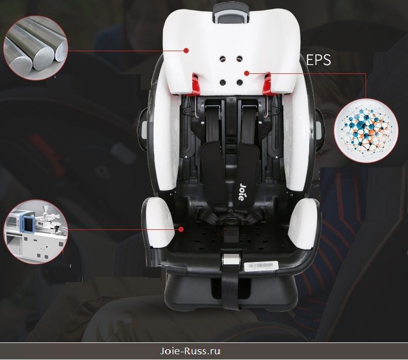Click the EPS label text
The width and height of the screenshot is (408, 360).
click(x=318, y=60)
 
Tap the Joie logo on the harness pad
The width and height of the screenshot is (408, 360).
click(x=242, y=192)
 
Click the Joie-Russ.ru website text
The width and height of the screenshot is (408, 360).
click(x=190, y=351)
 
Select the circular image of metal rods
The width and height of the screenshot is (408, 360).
click(x=35, y=48)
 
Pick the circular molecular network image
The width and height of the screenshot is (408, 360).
click(x=366, y=131)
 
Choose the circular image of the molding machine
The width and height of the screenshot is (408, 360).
click(x=35, y=232)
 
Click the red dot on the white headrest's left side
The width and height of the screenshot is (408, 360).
click(x=186, y=51)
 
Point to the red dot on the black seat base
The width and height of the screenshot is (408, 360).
click(x=181, y=229)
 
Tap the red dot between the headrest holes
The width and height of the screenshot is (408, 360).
click(x=247, y=73)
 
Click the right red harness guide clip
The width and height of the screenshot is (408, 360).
click(x=266, y=84)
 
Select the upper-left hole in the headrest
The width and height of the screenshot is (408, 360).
click(x=222, y=59)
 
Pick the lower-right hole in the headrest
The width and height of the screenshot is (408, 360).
click(x=239, y=83)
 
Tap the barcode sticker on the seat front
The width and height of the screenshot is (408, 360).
click(x=261, y=266)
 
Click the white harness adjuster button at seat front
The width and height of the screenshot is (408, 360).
click(x=231, y=259)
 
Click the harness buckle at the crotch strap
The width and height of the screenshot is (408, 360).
click(x=230, y=222)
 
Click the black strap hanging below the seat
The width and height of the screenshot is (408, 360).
click(x=231, y=289)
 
